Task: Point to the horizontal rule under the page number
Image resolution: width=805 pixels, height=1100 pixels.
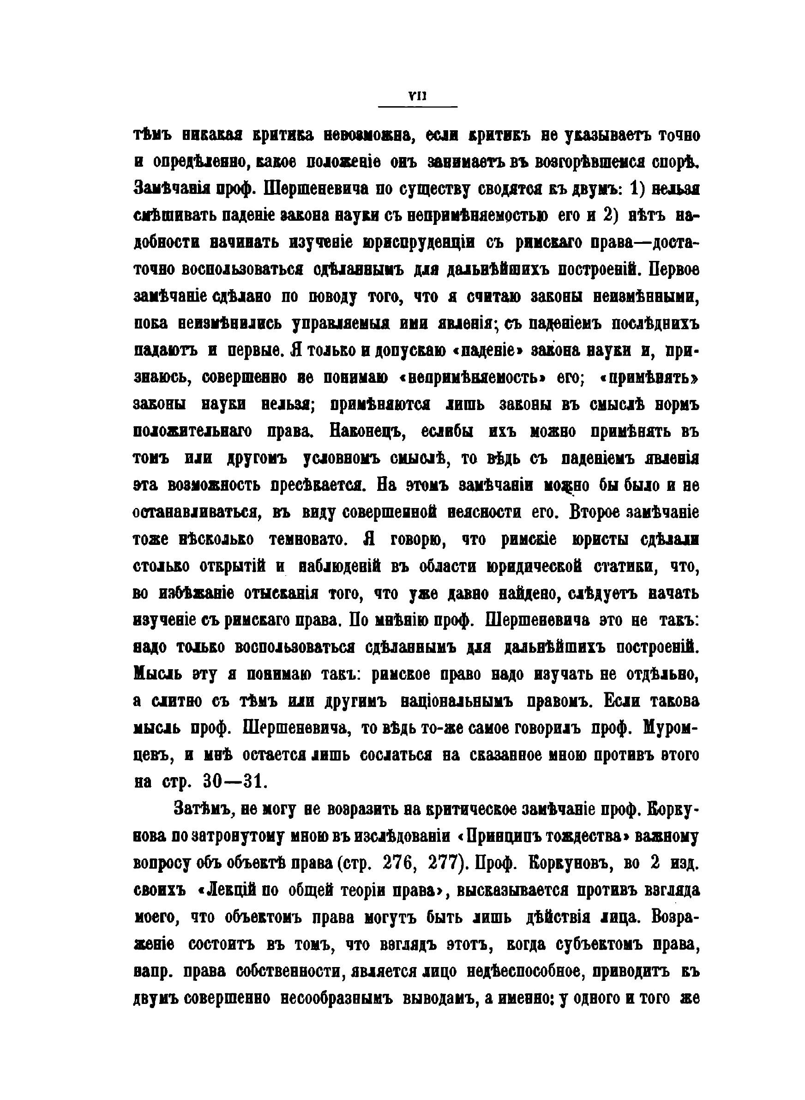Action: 418,107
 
